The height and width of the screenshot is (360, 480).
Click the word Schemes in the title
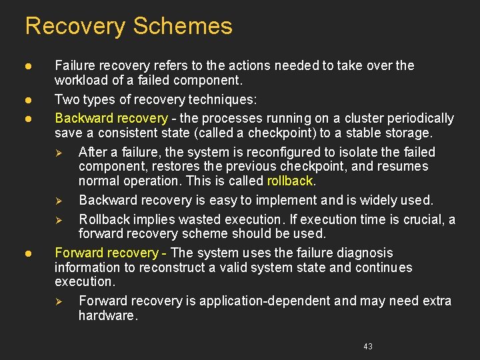click(183, 27)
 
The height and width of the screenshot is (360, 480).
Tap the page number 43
click(368, 347)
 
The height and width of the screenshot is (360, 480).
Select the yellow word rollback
click(289, 181)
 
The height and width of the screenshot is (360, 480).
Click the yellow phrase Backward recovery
click(111, 118)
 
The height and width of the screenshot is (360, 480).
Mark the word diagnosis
click(365, 253)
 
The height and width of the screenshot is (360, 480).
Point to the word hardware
click(107, 315)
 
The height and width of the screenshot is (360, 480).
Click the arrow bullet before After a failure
click(59, 153)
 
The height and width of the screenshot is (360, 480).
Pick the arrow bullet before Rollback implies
click(59, 220)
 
